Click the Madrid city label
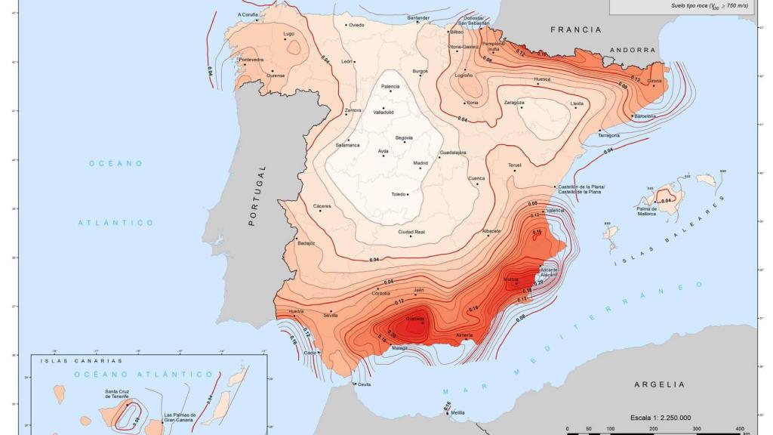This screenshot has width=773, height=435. [420, 163]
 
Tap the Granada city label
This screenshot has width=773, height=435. [415, 319]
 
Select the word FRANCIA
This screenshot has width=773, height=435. [576, 29]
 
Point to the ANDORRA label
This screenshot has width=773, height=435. [633, 50]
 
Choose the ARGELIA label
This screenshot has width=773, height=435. [659, 384]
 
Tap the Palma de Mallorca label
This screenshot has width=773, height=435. [645, 211]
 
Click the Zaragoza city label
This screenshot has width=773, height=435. [514, 102]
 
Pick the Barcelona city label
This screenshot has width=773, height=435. [645, 116]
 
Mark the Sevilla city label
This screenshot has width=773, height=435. [331, 315]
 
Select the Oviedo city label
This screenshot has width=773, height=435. [356, 25]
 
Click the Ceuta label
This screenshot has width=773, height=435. [364, 385]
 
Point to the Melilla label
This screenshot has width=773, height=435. [457, 412]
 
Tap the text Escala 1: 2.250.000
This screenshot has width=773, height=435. [661, 417]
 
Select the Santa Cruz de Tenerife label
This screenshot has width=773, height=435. [122, 393]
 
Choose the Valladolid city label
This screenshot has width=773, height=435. [383, 113]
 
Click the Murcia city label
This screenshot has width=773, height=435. [511, 279]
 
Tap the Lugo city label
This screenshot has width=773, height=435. [288, 34]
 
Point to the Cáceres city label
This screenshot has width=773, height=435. [323, 205]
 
